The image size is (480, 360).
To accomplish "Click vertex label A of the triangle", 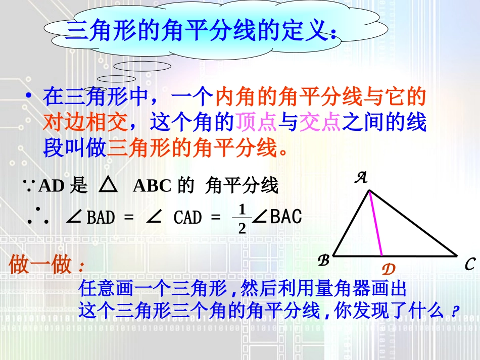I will point(362,177).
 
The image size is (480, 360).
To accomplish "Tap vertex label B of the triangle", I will point(323,261).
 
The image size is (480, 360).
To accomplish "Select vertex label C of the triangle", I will point(469,264).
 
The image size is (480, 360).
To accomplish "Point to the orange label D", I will point(388,269).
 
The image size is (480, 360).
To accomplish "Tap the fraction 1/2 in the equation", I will point(242,219).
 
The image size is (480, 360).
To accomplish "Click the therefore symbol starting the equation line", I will point(38,217).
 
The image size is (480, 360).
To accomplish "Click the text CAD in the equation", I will point(187,218).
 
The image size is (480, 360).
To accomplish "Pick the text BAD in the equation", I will point(101,218).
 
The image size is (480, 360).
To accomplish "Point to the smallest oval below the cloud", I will point(116,79).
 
